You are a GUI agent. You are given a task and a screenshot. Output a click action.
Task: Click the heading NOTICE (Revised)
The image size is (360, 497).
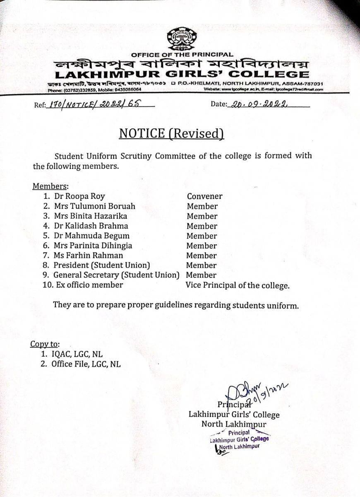pos(172,133)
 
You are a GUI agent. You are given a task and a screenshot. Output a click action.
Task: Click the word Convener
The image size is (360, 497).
pos(204,196)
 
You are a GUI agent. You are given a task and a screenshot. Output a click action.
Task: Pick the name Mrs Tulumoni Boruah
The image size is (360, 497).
pos(94,206)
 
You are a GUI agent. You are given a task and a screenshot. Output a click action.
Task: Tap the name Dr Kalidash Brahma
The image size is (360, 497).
pos(91,226)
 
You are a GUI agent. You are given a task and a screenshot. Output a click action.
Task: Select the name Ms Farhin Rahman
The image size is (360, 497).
pos(88,256)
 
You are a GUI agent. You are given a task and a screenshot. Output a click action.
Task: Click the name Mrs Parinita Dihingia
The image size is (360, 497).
pos(93,246)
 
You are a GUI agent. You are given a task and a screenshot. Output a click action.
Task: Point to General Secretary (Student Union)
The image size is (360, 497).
pos(116,275)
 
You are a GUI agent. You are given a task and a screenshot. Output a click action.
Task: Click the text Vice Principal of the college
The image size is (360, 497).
pos(238,285)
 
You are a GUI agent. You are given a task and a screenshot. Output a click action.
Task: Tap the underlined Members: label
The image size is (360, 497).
pos(50,186)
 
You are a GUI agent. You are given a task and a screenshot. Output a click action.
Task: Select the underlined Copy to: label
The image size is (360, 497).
pos(45,344)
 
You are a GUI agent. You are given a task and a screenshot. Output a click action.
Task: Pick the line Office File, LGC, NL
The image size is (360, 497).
pos(86,364)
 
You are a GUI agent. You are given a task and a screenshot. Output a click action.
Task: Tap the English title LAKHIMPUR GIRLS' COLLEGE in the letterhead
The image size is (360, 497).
pos(182,75)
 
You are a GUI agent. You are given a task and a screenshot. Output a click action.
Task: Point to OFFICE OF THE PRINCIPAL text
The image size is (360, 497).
pos(182,55)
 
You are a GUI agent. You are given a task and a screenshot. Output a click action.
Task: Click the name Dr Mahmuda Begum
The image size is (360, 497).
pos(91,236)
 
